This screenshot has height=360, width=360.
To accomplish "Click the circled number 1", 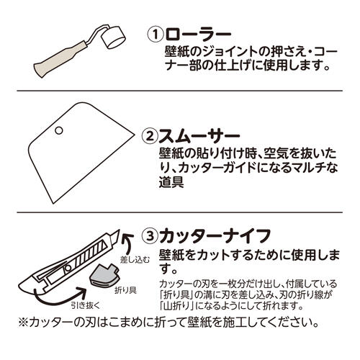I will coord(155,35).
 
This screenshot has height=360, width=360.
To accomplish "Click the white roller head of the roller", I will coord(109,35).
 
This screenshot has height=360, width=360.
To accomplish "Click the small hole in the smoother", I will coord(58,131).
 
